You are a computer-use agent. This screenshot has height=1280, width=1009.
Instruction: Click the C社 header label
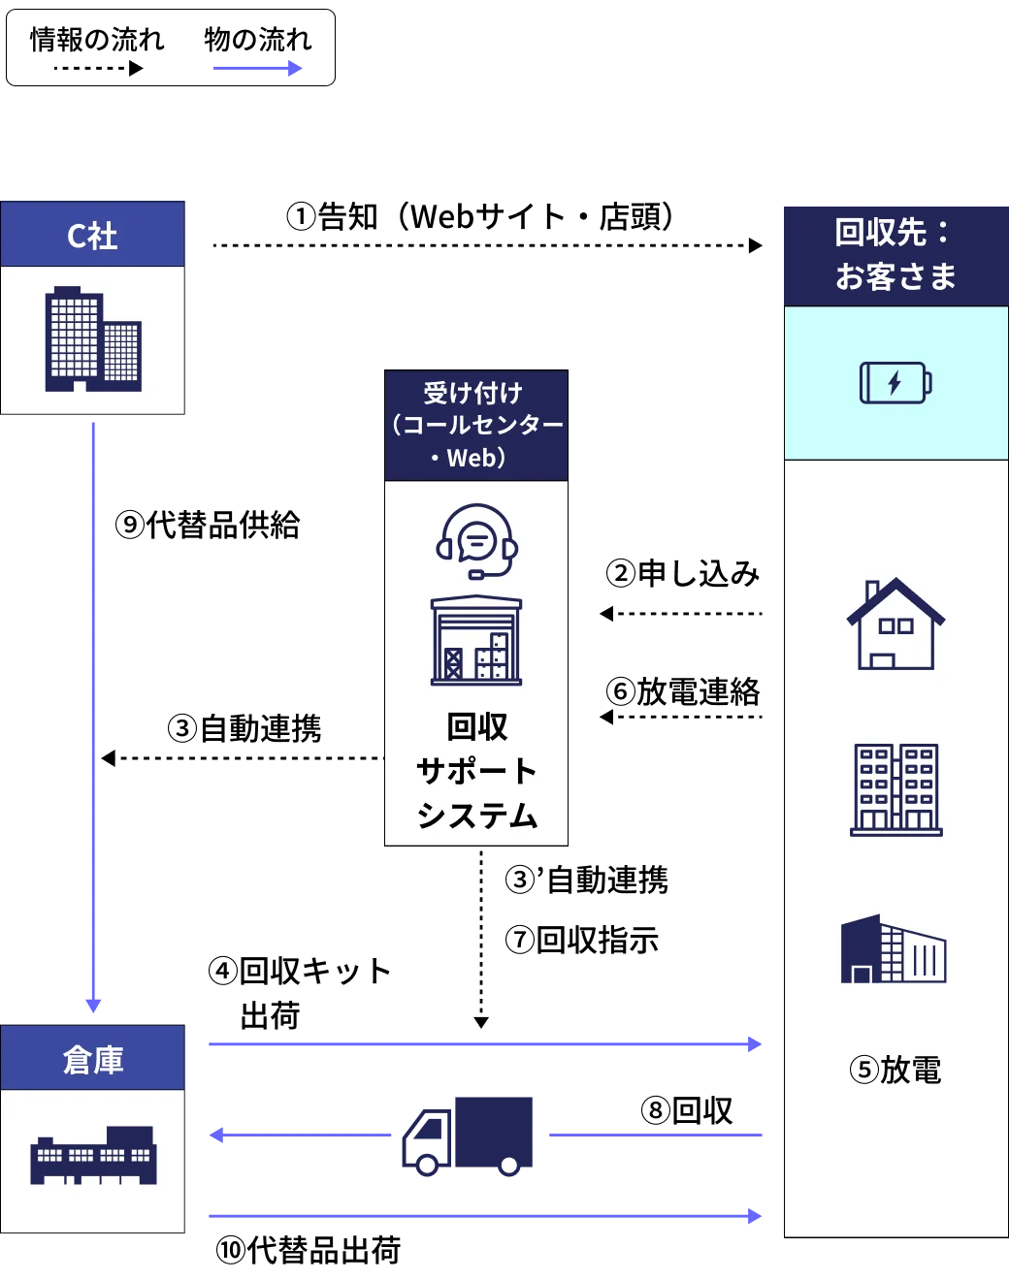(x=92, y=236)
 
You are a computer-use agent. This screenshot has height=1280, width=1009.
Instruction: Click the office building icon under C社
(x=93, y=339)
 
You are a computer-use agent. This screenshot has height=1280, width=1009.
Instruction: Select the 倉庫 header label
(x=92, y=1059)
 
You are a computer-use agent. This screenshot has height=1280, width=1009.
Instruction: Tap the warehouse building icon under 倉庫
(x=93, y=1155)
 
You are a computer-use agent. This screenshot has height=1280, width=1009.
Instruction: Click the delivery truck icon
(x=468, y=1136)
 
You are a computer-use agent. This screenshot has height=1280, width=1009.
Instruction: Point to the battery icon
(x=895, y=382)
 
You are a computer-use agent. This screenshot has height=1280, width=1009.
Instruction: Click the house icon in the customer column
(x=895, y=624)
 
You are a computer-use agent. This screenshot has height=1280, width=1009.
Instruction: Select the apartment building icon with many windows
(x=895, y=789)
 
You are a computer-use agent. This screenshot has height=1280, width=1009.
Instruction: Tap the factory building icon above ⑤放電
(x=893, y=949)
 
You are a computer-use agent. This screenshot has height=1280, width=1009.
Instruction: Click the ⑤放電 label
(x=895, y=1070)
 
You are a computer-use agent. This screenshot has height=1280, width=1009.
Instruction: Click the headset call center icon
(x=476, y=540)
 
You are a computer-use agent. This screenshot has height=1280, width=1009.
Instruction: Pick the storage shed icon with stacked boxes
(x=476, y=641)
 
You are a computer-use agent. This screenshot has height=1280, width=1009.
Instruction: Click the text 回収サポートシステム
(x=476, y=771)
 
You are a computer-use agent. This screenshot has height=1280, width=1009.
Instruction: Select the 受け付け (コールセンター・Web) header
(x=476, y=425)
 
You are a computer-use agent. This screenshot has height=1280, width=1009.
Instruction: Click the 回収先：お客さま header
(x=895, y=254)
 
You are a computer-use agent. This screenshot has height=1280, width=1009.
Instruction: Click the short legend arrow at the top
(x=255, y=67)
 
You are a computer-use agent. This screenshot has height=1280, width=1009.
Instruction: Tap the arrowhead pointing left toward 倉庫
(x=215, y=1136)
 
